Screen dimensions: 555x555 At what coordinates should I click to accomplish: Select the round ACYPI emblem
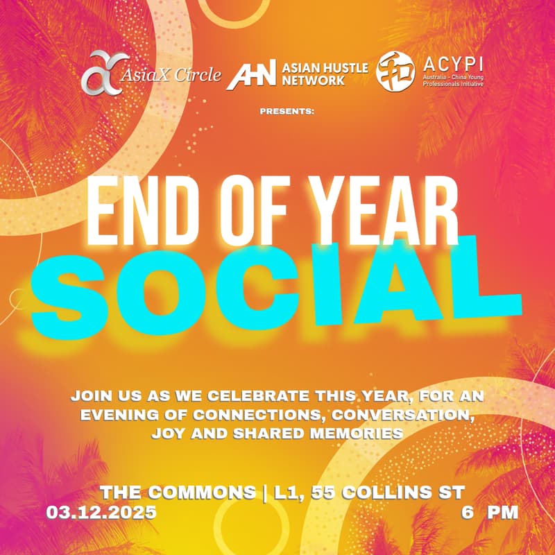(x=395, y=72)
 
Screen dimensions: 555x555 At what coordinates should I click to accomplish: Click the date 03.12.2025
(x=101, y=513)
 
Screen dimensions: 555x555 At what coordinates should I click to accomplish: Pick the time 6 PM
(x=490, y=513)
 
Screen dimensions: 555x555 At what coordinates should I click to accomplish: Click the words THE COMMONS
(x=178, y=493)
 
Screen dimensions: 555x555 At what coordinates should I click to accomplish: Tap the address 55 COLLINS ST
(x=386, y=493)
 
